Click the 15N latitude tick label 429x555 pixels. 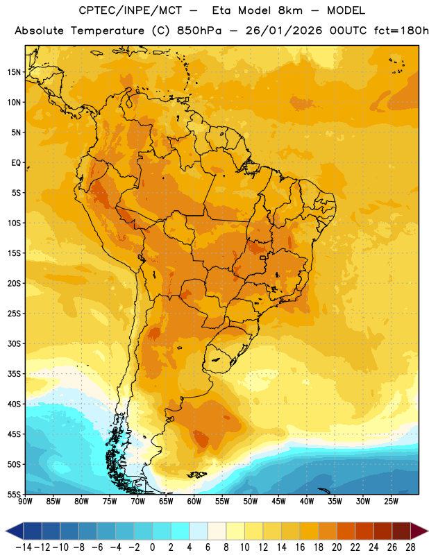pyautogui.click(x=14, y=72)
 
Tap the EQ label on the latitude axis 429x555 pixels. pyautogui.click(x=16, y=163)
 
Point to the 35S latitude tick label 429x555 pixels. pyautogui.click(x=14, y=374)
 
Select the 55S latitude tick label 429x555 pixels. pyautogui.click(x=14, y=494)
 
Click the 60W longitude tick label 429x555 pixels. pyautogui.click(x=194, y=501)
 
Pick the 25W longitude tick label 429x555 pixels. pyautogui.click(x=391, y=501)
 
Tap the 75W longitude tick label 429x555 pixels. pyautogui.click(x=110, y=501)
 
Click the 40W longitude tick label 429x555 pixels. pyautogui.click(x=307, y=501)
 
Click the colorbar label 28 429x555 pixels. pyautogui.click(x=410, y=547)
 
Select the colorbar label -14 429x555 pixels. pyautogui.click(x=24, y=547)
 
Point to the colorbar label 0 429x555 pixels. pyautogui.click(x=152, y=547)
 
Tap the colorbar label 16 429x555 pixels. pyautogui.click(x=300, y=547)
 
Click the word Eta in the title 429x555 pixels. pyautogui.click(x=221, y=10)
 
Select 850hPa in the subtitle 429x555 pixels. pyautogui.click(x=199, y=31)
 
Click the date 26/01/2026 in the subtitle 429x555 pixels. pyautogui.click(x=284, y=31)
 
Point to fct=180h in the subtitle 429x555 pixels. pyautogui.click(x=401, y=31)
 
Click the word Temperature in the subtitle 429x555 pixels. pyautogui.click(x=108, y=31)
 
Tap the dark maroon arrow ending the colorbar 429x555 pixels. pyautogui.click(x=419, y=531)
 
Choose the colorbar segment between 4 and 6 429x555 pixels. pyautogui.click(x=199, y=531)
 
